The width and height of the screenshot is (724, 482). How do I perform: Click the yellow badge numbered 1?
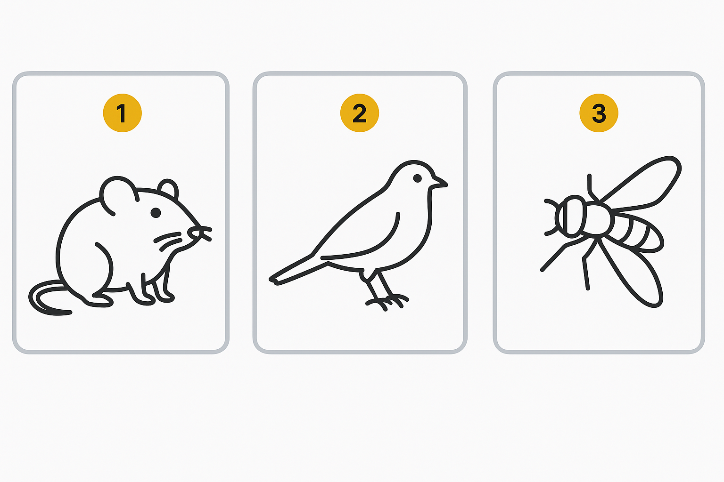pos(122,113)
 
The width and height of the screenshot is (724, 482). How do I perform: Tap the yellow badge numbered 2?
pos(360,113)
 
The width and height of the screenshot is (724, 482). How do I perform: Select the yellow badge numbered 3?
pos(599,113)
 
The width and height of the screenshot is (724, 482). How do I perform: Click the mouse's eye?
pos(156,213)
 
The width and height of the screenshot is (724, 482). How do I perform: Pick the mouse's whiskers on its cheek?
pos(168,241)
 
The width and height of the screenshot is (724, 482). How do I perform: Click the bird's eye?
pos(417,178)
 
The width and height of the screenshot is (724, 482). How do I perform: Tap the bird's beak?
pos(440,183)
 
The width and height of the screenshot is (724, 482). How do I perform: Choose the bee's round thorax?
pos(596,219)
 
